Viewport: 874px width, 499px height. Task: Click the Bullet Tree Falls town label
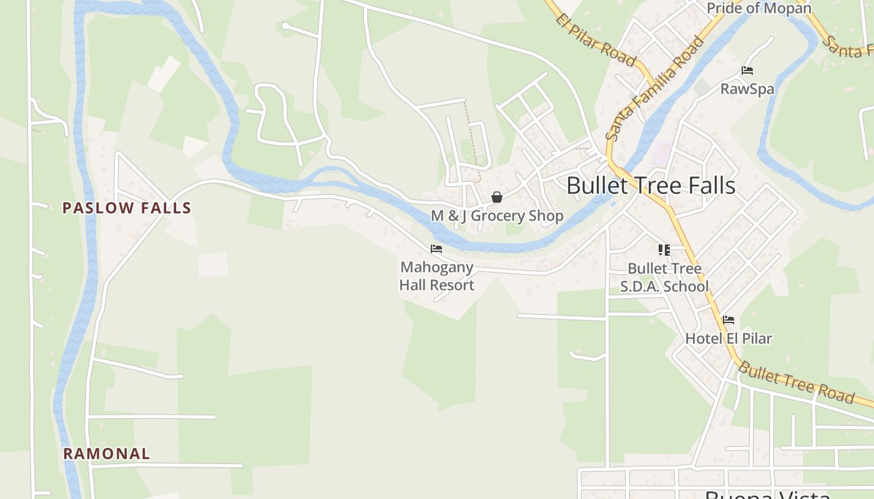(x=651, y=186)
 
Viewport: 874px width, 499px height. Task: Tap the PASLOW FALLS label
(x=127, y=208)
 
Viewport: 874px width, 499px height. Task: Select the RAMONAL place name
(x=107, y=453)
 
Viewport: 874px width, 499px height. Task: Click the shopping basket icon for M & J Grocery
(x=497, y=198)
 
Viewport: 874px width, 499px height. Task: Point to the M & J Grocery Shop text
(x=497, y=216)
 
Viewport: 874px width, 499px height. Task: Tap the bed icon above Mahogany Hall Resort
(x=436, y=249)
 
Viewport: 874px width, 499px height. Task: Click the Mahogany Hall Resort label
(x=437, y=276)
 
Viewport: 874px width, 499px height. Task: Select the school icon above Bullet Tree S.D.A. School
(x=664, y=250)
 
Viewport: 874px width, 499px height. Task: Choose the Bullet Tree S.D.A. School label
(x=664, y=278)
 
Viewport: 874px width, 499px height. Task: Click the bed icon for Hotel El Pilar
(x=728, y=321)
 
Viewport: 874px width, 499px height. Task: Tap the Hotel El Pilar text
(x=729, y=339)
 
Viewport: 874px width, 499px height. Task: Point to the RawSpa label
(x=747, y=89)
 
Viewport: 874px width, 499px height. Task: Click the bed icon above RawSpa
(x=747, y=70)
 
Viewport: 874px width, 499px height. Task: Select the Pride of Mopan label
(x=759, y=8)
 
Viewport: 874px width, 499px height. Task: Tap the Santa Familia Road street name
(x=654, y=89)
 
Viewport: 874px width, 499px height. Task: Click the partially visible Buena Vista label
(x=767, y=495)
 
